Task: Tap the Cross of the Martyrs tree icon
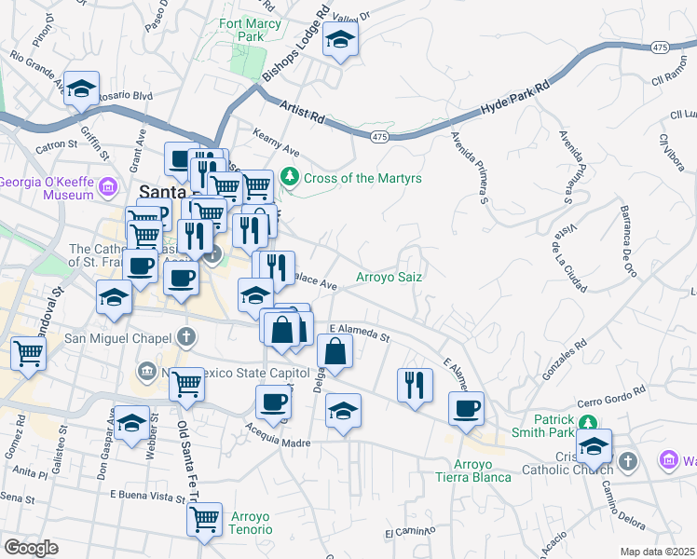tap(290, 176)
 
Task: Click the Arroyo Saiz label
tap(389, 277)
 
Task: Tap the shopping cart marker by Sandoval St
tap(29, 353)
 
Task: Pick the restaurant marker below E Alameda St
tap(415, 383)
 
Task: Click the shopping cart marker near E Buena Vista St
tap(204, 517)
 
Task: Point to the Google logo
tap(31, 548)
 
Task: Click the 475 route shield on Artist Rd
tap(378, 137)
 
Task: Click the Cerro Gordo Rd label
tap(613, 395)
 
